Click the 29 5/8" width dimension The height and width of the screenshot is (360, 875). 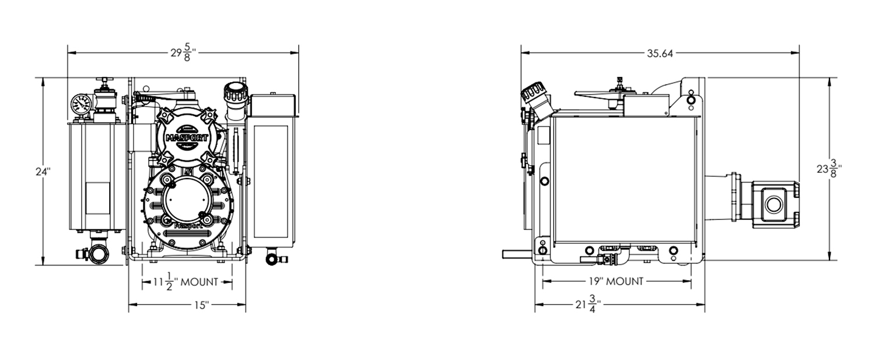click(x=183, y=53)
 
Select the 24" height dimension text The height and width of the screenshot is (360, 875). click(x=43, y=172)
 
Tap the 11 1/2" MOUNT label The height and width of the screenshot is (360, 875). click(x=185, y=281)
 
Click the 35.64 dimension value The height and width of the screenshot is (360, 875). click(x=660, y=54)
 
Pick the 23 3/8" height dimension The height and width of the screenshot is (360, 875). click(x=829, y=169)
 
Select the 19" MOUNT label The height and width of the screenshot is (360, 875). click(x=616, y=281)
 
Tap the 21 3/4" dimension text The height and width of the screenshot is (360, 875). click(x=588, y=304)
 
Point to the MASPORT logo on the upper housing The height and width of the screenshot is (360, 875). click(x=187, y=138)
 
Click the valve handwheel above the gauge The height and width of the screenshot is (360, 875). click(x=104, y=80)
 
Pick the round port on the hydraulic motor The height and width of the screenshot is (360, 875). click(x=773, y=204)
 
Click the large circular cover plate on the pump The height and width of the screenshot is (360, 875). click(x=184, y=199)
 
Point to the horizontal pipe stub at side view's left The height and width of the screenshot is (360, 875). click(x=517, y=254)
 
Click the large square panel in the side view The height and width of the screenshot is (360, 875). click(x=624, y=179)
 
